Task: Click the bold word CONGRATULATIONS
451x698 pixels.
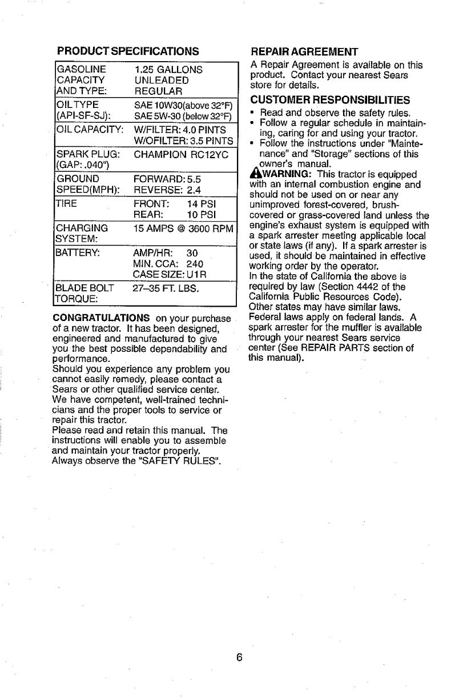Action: click(101, 318)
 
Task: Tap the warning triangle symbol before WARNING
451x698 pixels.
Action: click(255, 175)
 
